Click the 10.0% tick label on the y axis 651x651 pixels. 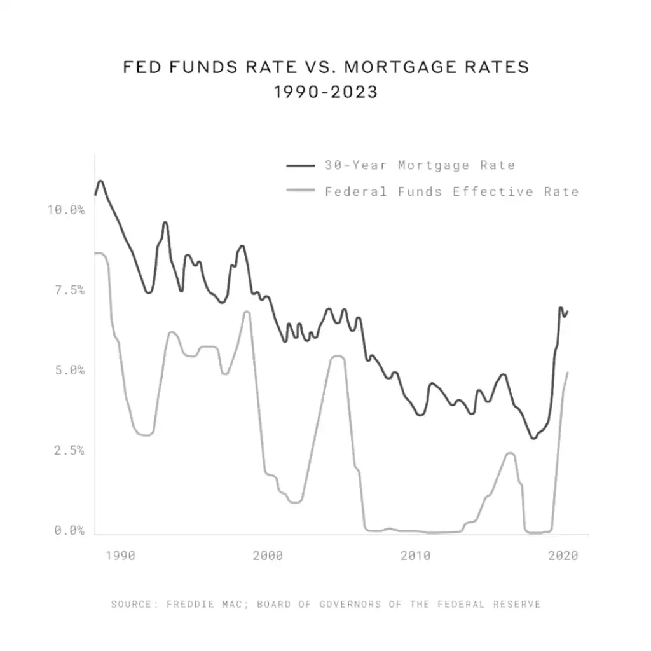(66, 210)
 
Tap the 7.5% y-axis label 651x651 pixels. (69, 290)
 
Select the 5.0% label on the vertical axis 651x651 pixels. (69, 370)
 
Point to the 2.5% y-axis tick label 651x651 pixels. (69, 450)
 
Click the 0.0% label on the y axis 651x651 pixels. (69, 530)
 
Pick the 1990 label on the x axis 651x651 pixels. (120, 556)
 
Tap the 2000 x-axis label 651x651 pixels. (268, 556)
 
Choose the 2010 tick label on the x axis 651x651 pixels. (415, 556)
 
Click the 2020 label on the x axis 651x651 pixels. (563, 556)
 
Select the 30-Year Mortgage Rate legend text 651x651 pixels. (420, 165)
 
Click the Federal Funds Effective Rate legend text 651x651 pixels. (451, 191)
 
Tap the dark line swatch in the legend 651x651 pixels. (301, 165)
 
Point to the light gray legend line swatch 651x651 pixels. (301, 191)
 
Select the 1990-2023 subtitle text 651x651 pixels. (325, 92)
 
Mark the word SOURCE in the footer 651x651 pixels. (132, 604)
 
